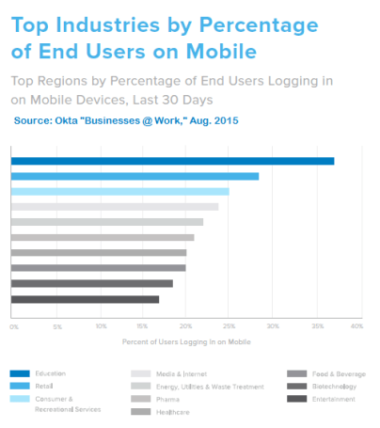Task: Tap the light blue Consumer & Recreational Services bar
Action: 119,191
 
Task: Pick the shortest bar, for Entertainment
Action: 85,299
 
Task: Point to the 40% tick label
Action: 356,326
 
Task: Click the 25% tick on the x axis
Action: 229,326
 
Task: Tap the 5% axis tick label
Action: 56,326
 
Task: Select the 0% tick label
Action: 13,326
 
